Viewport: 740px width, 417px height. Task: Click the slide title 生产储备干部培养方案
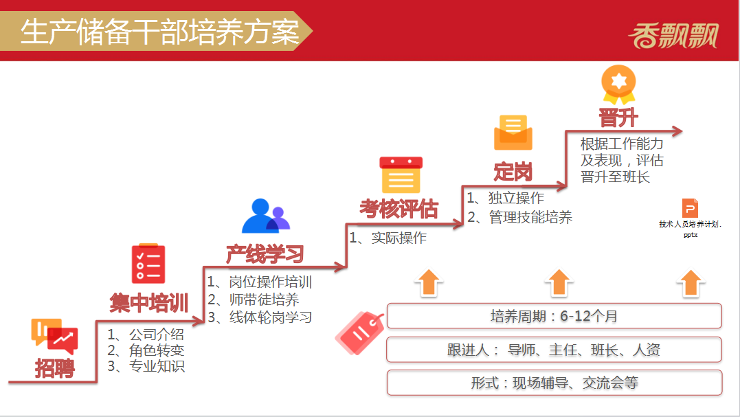pyautogui.click(x=159, y=32)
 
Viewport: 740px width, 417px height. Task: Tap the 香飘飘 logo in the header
pyautogui.click(x=672, y=34)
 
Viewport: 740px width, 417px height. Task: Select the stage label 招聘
pyautogui.click(x=54, y=368)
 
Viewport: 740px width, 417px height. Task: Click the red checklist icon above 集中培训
pyautogui.click(x=148, y=264)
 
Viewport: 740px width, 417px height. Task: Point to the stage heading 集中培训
pyautogui.click(x=149, y=302)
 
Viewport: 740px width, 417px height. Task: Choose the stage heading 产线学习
pyautogui.click(x=265, y=254)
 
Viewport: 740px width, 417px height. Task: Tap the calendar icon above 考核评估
pyautogui.click(x=401, y=175)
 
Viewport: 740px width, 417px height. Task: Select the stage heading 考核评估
pyautogui.click(x=399, y=210)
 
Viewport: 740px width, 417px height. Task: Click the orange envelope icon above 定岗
pyautogui.click(x=513, y=133)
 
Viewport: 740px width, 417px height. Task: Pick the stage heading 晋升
pyautogui.click(x=618, y=118)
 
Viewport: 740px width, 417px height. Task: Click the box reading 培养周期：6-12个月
pyautogui.click(x=554, y=316)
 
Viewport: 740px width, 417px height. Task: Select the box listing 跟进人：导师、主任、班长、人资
pyautogui.click(x=554, y=350)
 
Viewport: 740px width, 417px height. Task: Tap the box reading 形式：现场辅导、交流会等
pyautogui.click(x=554, y=383)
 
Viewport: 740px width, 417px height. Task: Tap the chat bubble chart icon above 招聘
pyautogui.click(x=54, y=336)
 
